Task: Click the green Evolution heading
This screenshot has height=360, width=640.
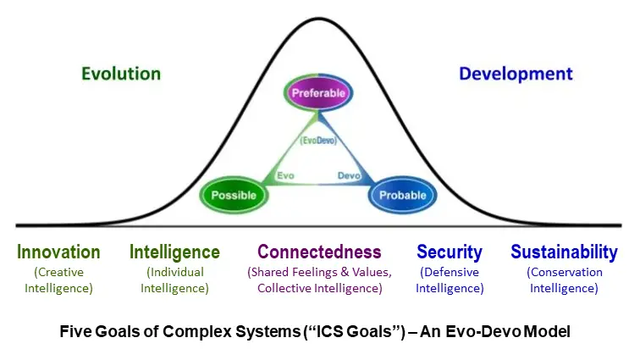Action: pos(121,74)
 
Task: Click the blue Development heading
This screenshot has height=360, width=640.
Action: pos(516,74)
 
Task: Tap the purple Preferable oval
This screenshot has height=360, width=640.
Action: pos(318,93)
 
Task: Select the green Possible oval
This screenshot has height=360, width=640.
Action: pos(234,195)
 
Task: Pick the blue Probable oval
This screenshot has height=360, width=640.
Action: pos(403,195)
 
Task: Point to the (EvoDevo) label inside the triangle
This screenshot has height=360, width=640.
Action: pos(318,141)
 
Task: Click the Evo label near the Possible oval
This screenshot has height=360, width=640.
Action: pos(285,175)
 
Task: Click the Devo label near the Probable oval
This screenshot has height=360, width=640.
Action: pos(349,175)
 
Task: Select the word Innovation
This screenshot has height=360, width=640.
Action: pos(58,252)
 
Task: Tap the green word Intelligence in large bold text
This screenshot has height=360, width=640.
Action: pos(174,252)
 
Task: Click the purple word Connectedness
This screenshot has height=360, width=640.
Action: pos(319,252)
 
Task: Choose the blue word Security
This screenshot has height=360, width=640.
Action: pos(450,252)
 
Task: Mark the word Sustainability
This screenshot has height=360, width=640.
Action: pos(564,252)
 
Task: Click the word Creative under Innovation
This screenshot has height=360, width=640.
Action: pos(60,272)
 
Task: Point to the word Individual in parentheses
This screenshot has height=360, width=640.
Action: pos(177,272)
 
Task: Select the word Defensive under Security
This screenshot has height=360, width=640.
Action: pos(451,272)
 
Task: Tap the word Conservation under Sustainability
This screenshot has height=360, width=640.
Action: pos(566,272)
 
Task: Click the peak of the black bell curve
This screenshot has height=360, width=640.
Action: pos(318,19)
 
